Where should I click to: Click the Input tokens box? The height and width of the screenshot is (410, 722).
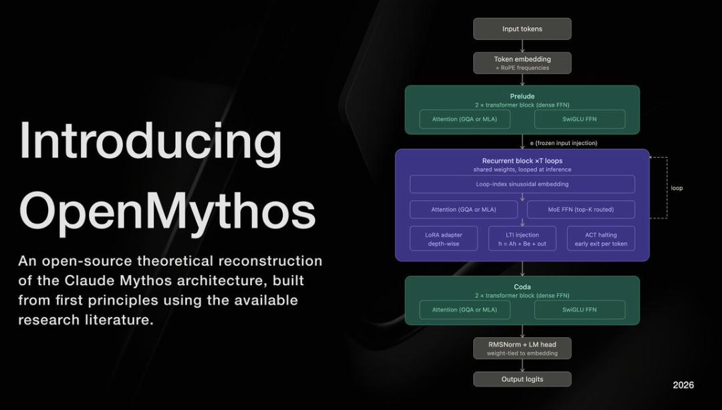(x=522, y=29)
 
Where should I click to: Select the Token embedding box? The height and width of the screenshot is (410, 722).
(x=522, y=63)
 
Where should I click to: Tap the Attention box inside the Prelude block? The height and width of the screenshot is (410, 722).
(x=465, y=119)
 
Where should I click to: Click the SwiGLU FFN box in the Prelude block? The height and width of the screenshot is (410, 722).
(x=580, y=119)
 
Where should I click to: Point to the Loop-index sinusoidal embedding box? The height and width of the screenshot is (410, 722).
(x=522, y=184)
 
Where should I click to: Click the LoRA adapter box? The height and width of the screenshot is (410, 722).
(x=443, y=239)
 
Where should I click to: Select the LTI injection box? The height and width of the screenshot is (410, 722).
(x=522, y=239)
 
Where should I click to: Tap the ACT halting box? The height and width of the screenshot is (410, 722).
(x=601, y=239)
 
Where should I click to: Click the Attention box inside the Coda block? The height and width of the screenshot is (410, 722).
(x=465, y=310)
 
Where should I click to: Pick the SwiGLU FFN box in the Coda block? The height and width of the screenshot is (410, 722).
(x=580, y=310)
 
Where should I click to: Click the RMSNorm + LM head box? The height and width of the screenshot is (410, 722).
(x=522, y=348)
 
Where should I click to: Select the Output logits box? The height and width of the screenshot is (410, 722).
(x=522, y=379)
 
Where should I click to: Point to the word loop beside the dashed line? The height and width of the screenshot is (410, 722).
(x=677, y=188)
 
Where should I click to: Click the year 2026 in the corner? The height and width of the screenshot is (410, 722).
(x=683, y=385)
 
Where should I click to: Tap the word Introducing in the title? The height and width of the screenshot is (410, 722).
(x=150, y=141)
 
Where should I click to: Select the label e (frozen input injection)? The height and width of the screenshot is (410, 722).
(x=564, y=143)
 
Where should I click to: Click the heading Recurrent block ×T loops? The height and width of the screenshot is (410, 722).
(x=522, y=161)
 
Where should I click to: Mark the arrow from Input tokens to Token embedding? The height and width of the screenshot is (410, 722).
(x=522, y=45)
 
